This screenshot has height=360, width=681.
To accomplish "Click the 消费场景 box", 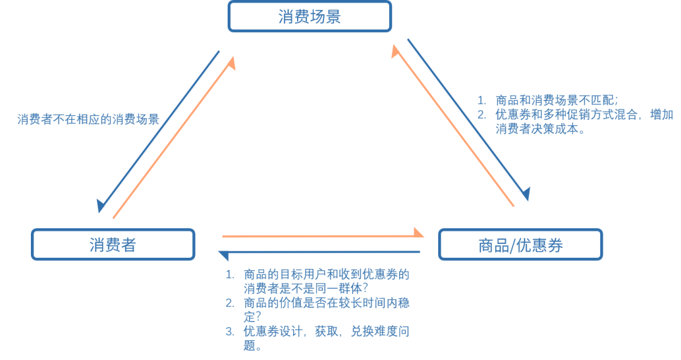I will [309, 16].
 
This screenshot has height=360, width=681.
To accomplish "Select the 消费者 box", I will [113, 245].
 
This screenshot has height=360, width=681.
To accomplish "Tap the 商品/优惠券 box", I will [520, 245].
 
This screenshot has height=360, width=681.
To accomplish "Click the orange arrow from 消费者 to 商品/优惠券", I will [322, 236].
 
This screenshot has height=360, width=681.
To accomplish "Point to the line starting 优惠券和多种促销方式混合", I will [584, 115].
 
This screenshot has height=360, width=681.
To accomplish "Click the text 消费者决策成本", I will [540, 129].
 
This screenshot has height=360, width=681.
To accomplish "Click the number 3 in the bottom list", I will [230, 332].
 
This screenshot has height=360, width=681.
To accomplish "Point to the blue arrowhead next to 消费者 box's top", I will [101, 206].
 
